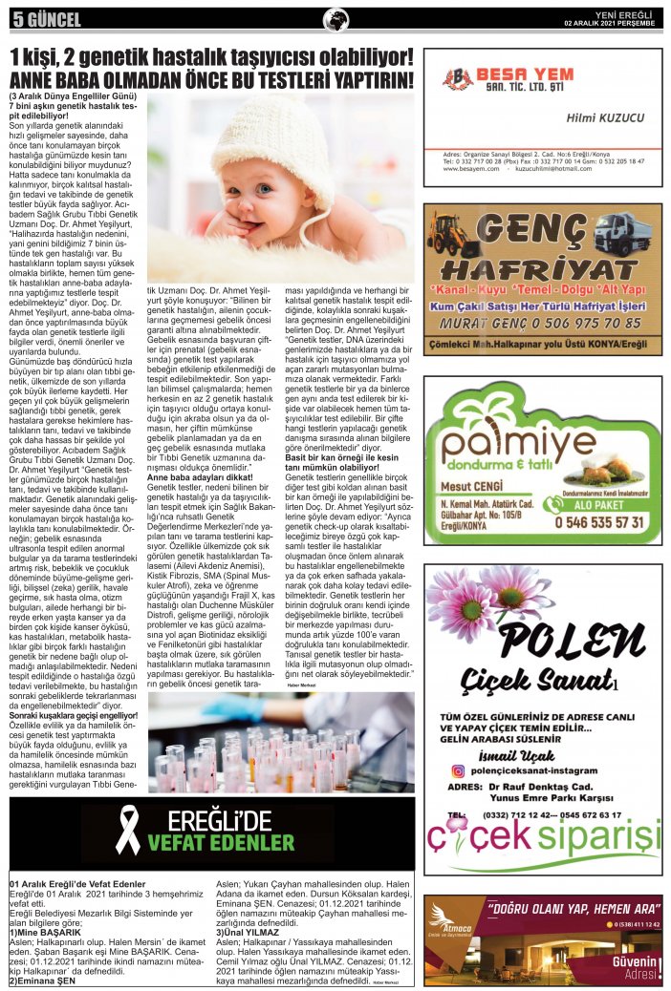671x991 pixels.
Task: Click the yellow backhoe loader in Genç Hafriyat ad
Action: (449, 235)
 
